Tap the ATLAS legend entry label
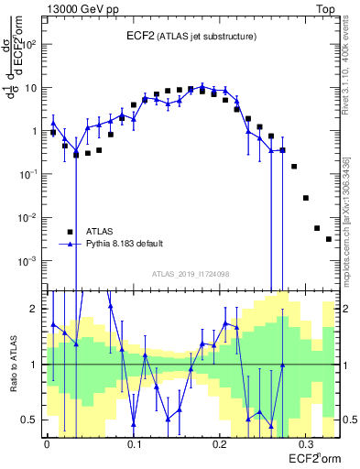[100, 232]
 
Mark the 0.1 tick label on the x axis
[134, 443]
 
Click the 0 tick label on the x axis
[47, 443]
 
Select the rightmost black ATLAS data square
[328, 239]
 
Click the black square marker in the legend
[70, 232]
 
